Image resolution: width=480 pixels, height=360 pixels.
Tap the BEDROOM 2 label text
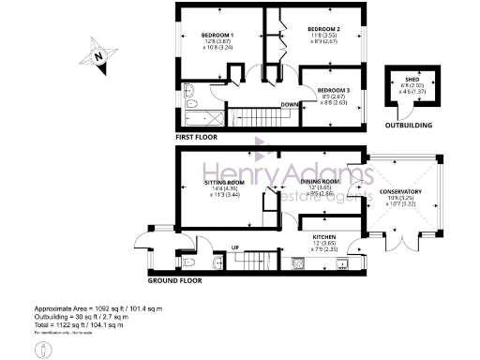[x=323, y=29]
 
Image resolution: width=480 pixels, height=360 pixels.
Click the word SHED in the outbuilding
[x=411, y=80]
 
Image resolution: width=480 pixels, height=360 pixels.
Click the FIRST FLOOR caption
[x=197, y=137]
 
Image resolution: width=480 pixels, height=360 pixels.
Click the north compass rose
[x=98, y=56]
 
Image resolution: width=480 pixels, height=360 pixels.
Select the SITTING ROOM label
[x=224, y=184]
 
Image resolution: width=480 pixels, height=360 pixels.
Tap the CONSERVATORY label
[x=401, y=192]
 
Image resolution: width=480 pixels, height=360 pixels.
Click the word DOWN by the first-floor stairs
[x=290, y=104]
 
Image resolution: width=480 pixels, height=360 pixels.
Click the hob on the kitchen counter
[x=298, y=263]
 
